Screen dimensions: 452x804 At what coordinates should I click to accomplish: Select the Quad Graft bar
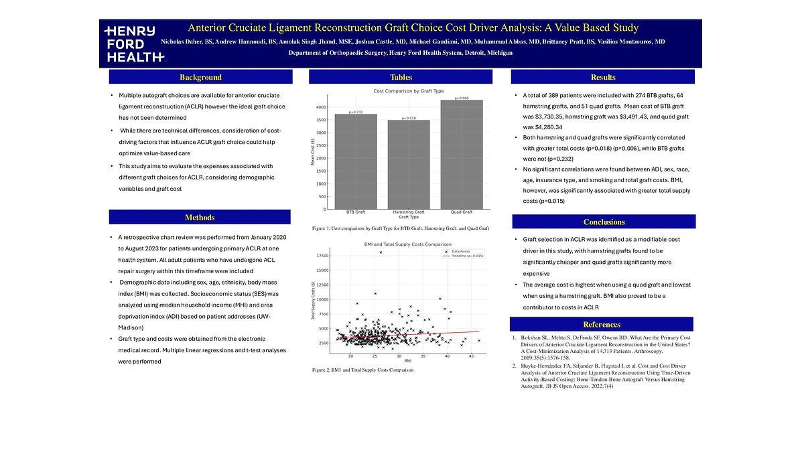(x=462, y=154)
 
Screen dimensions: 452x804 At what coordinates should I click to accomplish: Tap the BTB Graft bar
(x=356, y=161)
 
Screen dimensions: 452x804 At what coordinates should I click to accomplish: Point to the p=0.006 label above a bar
(x=462, y=98)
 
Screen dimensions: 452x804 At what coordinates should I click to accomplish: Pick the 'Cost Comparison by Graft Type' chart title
(x=408, y=91)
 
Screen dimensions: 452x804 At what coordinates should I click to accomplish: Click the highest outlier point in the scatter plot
(x=381, y=252)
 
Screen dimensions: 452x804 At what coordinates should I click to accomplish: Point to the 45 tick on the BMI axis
(x=471, y=356)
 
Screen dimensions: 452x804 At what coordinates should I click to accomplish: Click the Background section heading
(x=200, y=77)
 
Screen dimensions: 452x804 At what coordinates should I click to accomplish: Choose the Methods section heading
(x=200, y=218)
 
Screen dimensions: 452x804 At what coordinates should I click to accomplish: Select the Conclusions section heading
(x=604, y=222)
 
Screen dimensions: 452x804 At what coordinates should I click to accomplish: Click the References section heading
(x=602, y=325)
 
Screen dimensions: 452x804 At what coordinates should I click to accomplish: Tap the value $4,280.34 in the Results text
(x=543, y=127)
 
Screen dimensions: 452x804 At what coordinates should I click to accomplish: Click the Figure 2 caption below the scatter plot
(x=362, y=370)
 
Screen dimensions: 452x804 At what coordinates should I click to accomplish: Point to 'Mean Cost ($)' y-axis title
(x=312, y=153)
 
